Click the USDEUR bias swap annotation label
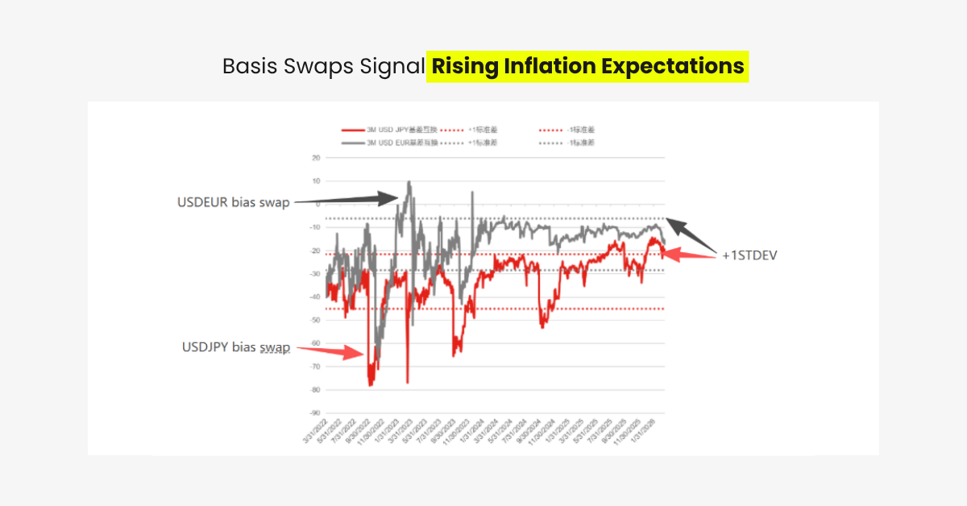tap(233, 202)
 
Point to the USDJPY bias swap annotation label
tap(235, 347)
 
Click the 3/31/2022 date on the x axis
tap(316, 433)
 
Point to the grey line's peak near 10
tap(409, 182)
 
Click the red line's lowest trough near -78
tap(371, 385)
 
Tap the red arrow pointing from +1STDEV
tap(689, 255)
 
